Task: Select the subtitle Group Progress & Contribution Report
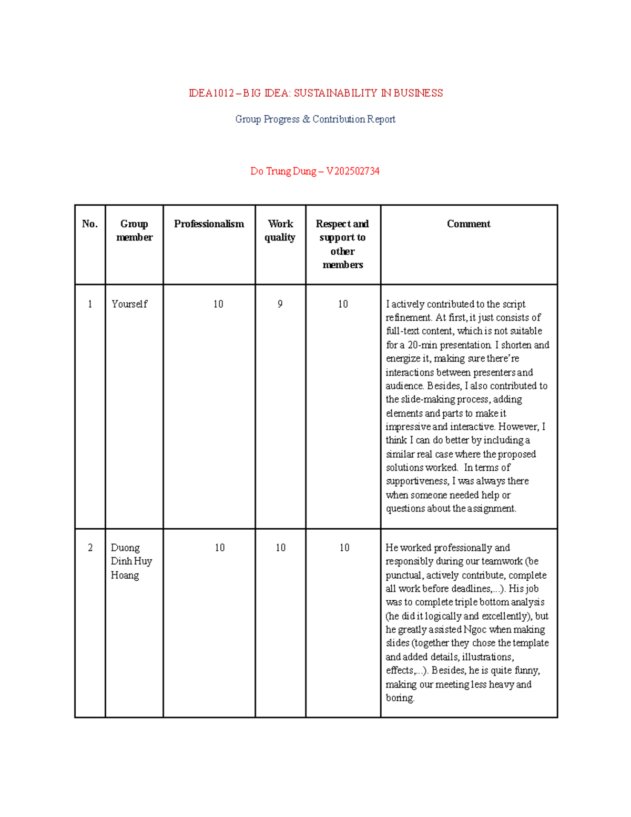point(315,119)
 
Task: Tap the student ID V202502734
point(352,171)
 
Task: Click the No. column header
point(90,224)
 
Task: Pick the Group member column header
point(134,230)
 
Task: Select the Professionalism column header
point(209,224)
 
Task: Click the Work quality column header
point(280,230)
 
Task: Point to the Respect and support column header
point(342,244)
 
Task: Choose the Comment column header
point(468,224)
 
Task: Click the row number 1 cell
point(90,304)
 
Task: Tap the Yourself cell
point(129,304)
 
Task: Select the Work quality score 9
point(280,304)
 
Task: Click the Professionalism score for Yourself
point(218,304)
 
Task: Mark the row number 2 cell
point(90,548)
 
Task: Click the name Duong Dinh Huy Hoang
point(131,561)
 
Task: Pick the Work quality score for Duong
point(280,548)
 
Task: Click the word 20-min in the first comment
point(422,345)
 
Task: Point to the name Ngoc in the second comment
point(474,630)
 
